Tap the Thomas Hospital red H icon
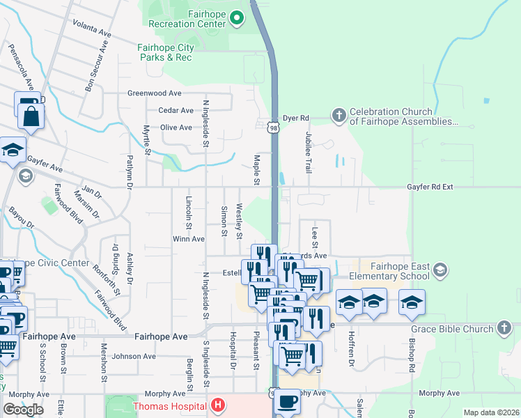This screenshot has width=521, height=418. tap(218, 405)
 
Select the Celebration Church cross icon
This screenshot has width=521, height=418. tap(339, 115)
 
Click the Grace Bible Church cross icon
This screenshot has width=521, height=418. tap(504, 327)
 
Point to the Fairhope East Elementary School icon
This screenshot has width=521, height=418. tap(440, 270)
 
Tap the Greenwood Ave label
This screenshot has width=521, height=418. tap(154, 93)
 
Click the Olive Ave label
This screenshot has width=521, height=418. tap(176, 127)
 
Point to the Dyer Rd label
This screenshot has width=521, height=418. tap(295, 119)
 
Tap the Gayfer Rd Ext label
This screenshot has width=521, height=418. tap(430, 187)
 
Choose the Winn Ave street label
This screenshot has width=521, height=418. tap(188, 239)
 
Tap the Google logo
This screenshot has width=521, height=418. tap(23, 410)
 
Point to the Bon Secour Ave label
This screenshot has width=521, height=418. tap(97, 67)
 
